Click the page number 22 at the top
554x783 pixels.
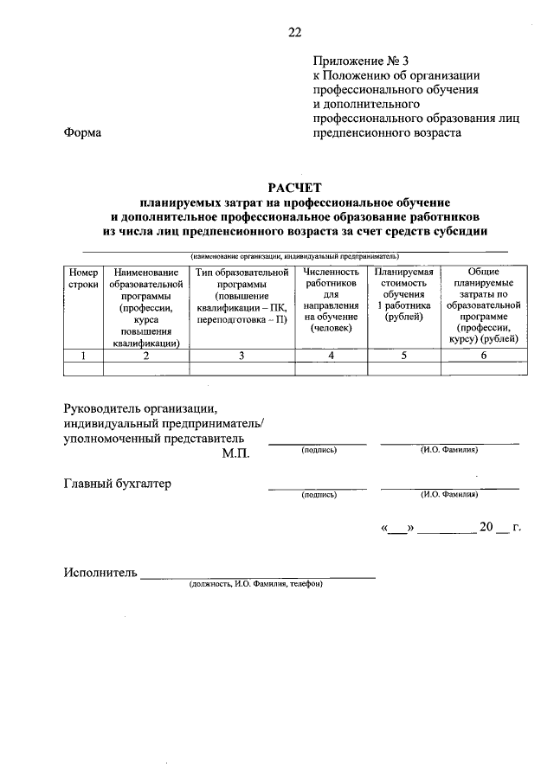(294, 33)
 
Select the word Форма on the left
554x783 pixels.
(82, 133)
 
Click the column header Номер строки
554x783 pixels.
(84, 278)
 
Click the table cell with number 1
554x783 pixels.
(84, 356)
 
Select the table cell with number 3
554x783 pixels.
(242, 356)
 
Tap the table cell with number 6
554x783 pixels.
(483, 356)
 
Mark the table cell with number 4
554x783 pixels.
(331, 356)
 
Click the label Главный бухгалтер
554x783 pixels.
(117, 483)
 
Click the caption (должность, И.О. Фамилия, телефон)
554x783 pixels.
(256, 584)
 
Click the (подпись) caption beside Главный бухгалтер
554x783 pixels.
(319, 495)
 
